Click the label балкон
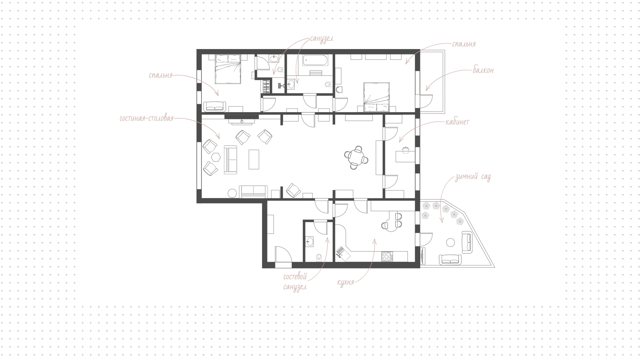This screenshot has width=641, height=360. [483, 70]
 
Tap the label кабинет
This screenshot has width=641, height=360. [457, 122]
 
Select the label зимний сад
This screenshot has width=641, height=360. [473, 177]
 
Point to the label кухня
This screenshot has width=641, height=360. [346, 282]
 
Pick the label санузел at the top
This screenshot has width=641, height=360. [322, 39]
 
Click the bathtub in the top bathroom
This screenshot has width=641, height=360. [315, 61]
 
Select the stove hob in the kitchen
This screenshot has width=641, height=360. [387, 256]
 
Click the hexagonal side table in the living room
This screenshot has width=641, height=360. [215, 157]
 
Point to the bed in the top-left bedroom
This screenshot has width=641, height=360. [228, 69]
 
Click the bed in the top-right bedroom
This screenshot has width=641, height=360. [377, 97]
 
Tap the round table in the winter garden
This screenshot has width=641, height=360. [451, 242]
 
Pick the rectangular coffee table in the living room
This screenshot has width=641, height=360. [254, 159]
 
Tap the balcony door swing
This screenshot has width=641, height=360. [426, 101]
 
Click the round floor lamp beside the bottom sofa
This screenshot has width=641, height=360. [232, 193]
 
